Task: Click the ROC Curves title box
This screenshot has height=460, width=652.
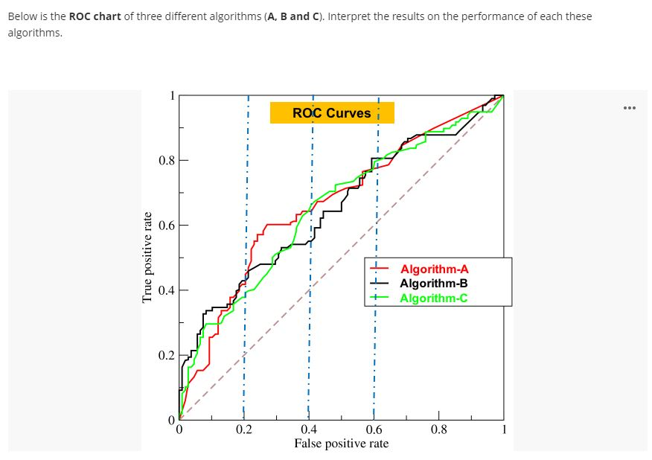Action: point(331,113)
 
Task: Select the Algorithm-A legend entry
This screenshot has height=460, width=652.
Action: point(434,269)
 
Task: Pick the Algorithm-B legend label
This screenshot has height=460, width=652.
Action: point(434,284)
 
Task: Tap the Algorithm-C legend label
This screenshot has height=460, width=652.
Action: point(434,298)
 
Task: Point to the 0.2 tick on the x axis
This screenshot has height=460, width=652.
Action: point(243,429)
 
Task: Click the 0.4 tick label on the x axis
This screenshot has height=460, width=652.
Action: point(309,429)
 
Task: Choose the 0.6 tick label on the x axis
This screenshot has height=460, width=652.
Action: point(374,429)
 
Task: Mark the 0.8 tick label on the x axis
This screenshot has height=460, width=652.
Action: point(439,429)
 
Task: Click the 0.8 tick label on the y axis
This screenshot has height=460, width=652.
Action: point(167,160)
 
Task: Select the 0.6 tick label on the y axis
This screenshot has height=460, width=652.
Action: point(167,225)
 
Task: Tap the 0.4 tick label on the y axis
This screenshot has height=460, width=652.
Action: point(167,290)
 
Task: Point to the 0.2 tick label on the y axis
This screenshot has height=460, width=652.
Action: point(167,355)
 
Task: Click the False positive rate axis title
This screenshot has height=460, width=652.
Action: point(341,444)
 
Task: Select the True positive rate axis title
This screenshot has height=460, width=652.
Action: point(147,257)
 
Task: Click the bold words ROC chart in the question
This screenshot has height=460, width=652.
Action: point(95,16)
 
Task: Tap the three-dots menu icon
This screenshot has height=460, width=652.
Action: point(630,109)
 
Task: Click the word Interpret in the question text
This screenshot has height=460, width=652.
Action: point(348,16)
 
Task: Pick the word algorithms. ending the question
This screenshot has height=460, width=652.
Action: point(34,33)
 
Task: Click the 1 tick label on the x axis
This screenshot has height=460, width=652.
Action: point(504,429)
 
